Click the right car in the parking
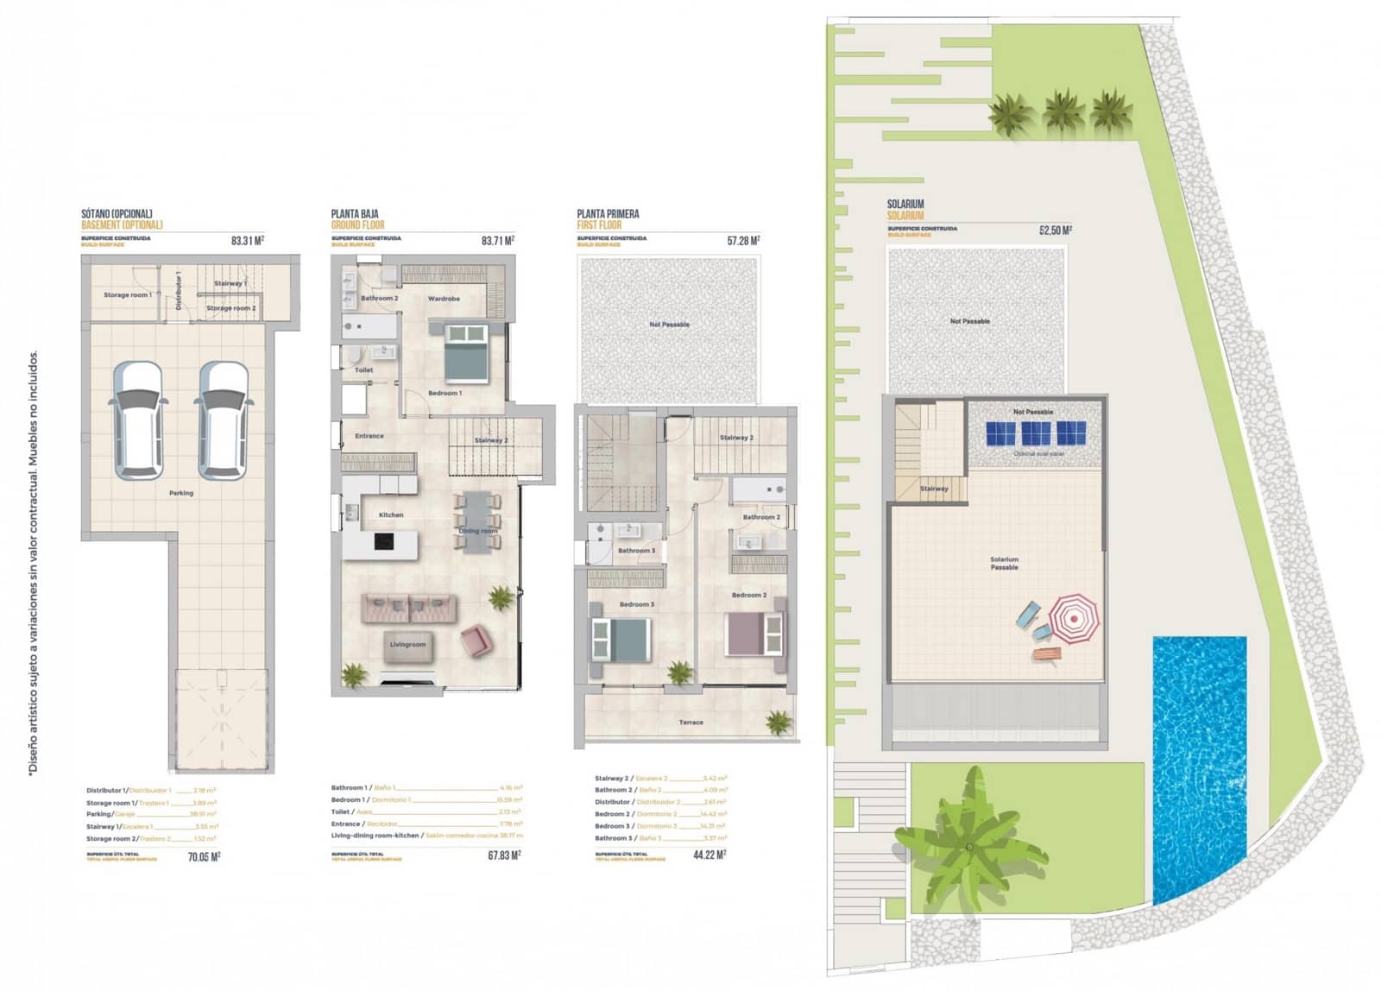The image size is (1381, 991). point(224,420)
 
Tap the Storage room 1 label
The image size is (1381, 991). point(127,295)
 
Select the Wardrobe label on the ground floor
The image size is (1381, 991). point(444,299)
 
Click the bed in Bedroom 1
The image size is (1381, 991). point(467,352)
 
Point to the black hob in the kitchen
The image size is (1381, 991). point(383,542)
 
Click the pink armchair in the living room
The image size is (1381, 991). point(476,641)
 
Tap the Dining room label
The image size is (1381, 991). point(477,531)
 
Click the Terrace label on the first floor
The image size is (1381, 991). point(690,723)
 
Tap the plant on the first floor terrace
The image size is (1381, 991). point(779,722)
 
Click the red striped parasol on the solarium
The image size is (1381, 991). point(1075,619)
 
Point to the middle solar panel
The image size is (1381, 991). point(1036,433)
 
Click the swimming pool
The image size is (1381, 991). point(1200,768)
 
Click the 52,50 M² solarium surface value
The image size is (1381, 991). point(1056,230)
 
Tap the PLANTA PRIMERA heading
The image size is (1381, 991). point(608,213)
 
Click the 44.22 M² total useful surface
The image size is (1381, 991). point(709,855)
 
